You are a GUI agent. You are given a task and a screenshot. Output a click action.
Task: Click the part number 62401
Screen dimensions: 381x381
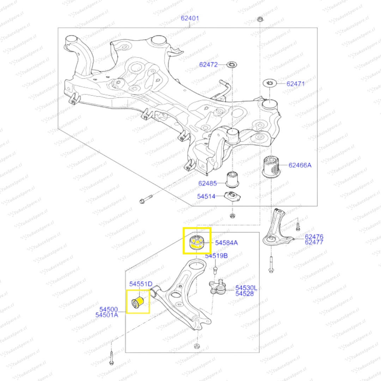(190, 18)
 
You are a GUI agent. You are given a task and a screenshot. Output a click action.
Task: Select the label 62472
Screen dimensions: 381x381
(208, 65)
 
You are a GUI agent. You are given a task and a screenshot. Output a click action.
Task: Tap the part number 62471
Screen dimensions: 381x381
(295, 84)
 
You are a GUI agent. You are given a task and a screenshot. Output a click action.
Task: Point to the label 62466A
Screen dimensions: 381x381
(300, 165)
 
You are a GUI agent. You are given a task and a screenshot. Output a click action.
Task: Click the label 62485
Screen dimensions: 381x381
(207, 183)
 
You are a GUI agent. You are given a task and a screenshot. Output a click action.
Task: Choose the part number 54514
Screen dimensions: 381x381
(206, 197)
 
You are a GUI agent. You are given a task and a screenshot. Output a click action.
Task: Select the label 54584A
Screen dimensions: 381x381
(226, 243)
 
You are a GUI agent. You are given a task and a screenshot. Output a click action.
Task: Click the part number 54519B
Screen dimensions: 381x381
(216, 256)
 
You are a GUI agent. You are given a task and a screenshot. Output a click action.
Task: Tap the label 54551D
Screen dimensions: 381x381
(140, 284)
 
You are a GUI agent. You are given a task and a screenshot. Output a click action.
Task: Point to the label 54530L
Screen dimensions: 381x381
(247, 288)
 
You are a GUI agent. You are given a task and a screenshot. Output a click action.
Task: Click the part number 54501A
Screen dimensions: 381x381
(107, 315)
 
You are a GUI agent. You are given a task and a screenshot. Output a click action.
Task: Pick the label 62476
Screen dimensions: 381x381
(314, 237)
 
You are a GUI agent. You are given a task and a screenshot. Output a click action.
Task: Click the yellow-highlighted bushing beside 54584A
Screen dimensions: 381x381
(196, 242)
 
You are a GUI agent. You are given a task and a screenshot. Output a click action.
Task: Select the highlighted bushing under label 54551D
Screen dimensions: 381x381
(138, 303)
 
